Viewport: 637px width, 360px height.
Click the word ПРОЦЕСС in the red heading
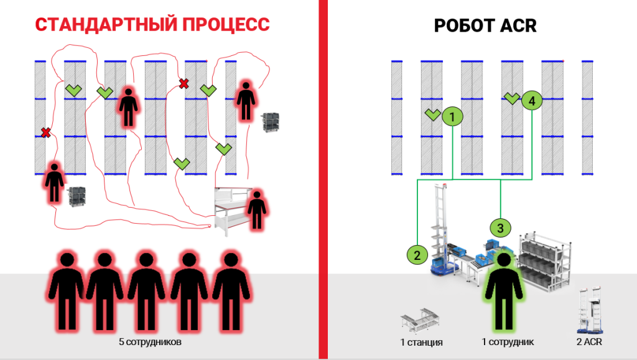(225, 25)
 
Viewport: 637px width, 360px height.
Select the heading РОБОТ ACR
(485, 25)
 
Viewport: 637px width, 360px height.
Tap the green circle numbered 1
(453, 116)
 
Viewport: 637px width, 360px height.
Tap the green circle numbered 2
(417, 254)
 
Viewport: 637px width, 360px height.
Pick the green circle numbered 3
(500, 227)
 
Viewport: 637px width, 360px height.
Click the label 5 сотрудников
(151, 342)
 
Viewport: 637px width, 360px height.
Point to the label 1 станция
(421, 342)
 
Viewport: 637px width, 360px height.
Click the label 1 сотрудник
(508, 342)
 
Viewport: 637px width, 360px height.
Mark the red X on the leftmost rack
(45, 132)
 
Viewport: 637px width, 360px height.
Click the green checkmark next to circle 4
(511, 98)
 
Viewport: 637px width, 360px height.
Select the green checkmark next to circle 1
(432, 114)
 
